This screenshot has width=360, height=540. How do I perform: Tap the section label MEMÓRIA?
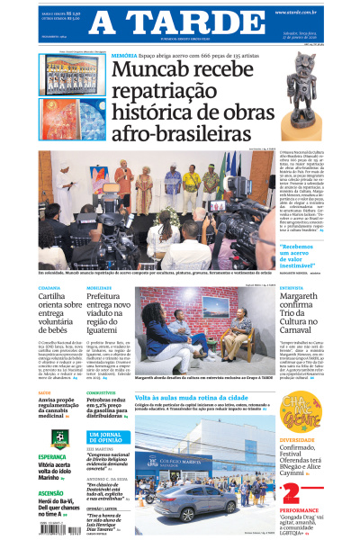tap(124, 56)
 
